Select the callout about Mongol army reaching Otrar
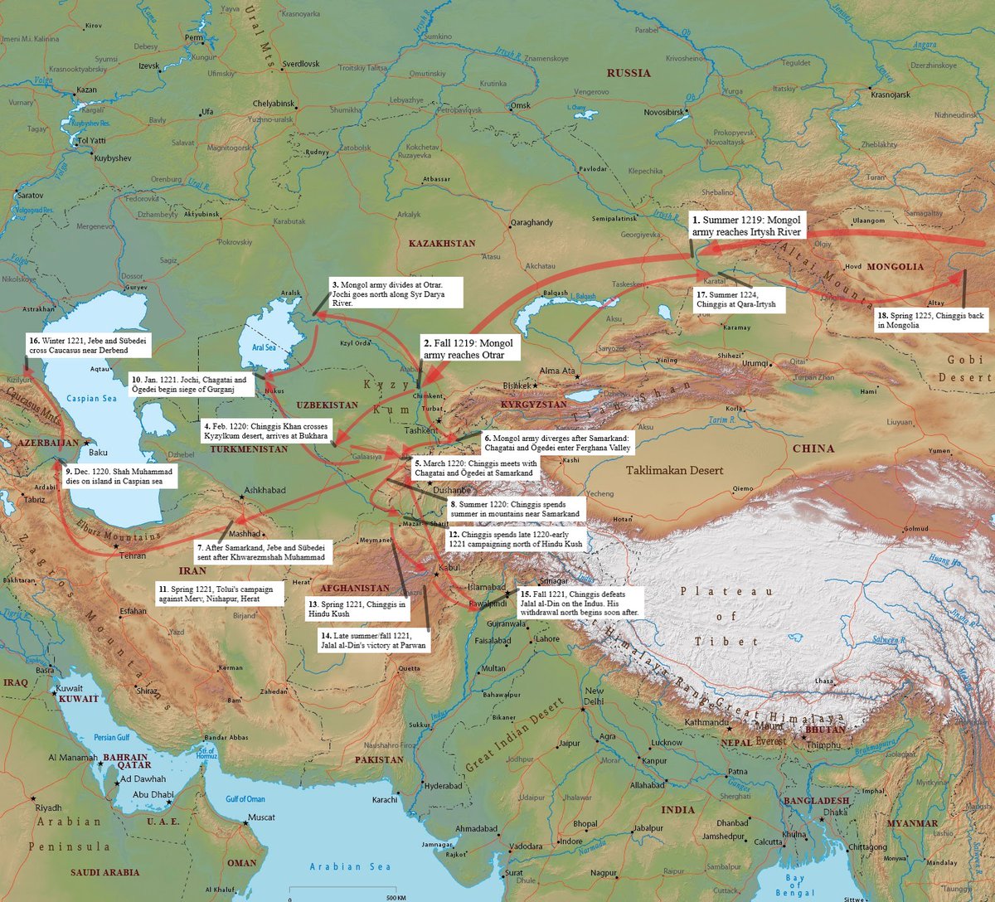click(468, 348)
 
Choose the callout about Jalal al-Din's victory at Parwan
click(373, 639)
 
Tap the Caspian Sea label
click(91, 398)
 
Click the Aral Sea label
click(264, 347)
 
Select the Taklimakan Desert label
click(674, 470)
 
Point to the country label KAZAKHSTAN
click(442, 244)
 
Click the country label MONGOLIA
click(894, 267)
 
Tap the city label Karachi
click(385, 800)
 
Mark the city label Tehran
click(133, 555)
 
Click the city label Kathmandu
click(706, 721)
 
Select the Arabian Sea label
click(350, 866)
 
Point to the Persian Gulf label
click(111, 737)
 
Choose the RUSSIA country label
click(629, 73)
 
